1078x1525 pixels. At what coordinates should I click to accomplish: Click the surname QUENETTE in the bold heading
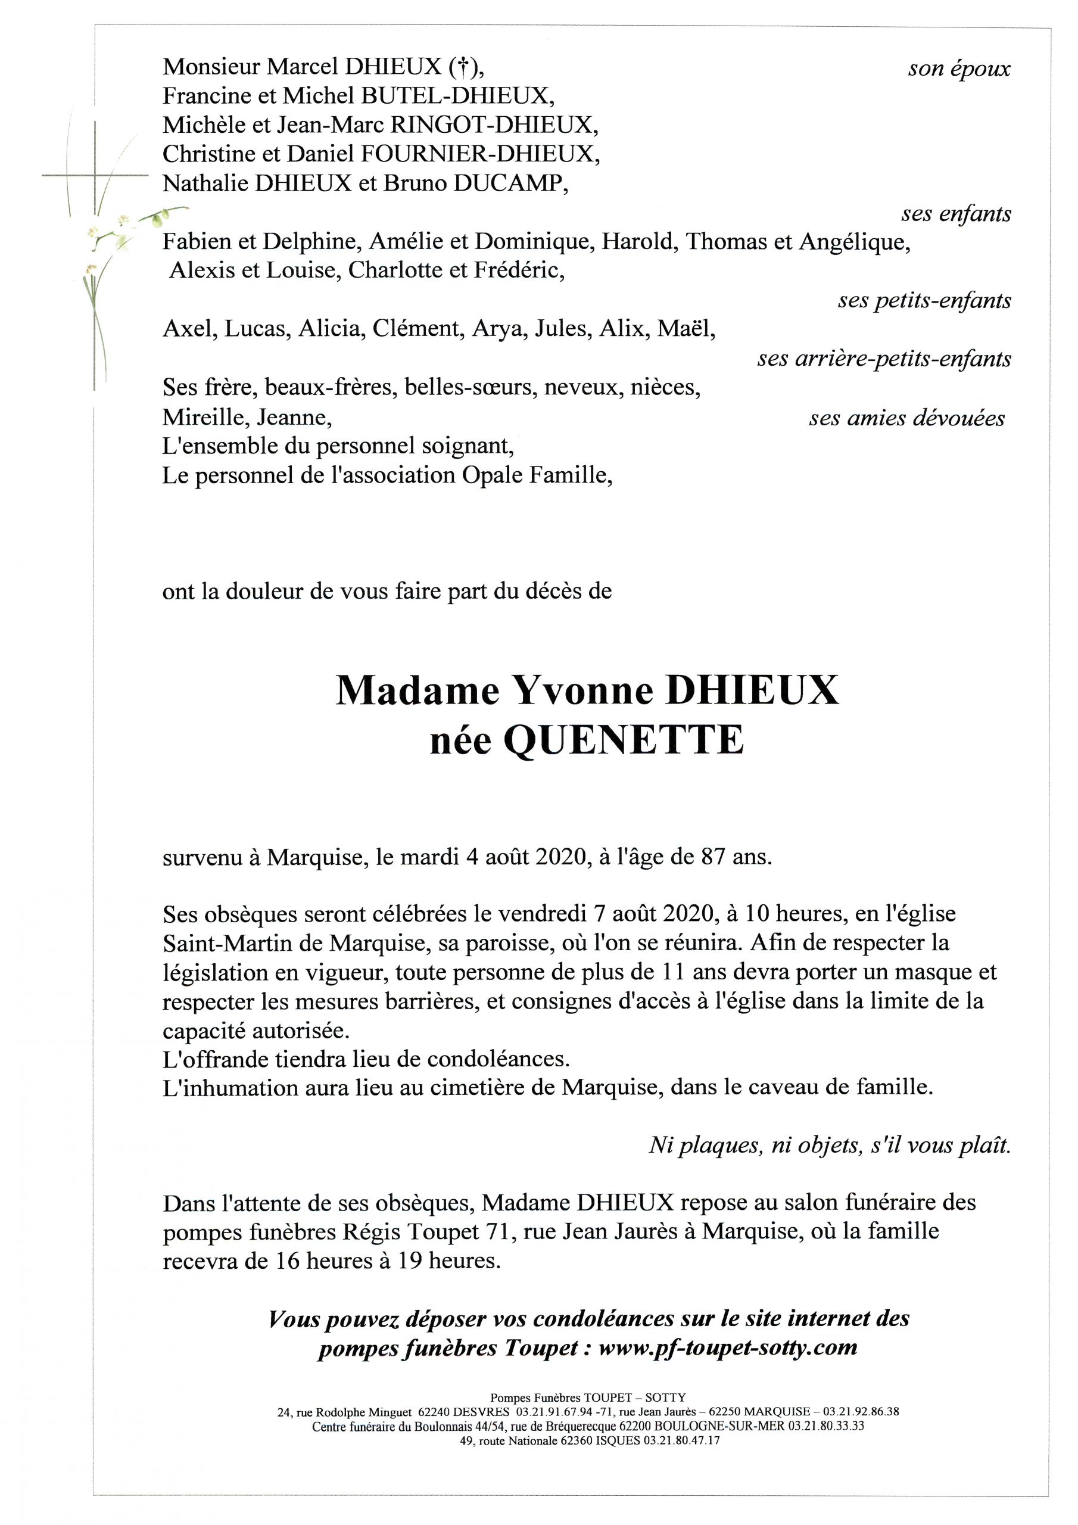(624, 741)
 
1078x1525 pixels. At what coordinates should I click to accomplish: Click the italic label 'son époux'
(958, 69)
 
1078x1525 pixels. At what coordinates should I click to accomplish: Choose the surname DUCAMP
(511, 183)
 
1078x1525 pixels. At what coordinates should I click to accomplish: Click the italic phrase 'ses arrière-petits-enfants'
(883, 359)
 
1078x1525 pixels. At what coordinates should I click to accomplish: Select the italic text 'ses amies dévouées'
(906, 418)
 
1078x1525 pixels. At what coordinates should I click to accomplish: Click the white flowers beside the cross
(110, 232)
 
